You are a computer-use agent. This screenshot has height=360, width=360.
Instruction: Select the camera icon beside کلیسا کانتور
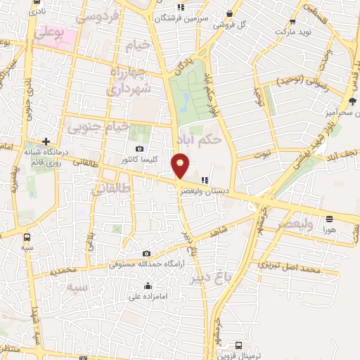pyautogui.click(x=140, y=149)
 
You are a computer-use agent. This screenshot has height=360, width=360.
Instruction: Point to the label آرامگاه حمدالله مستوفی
pyautogui.click(x=146, y=265)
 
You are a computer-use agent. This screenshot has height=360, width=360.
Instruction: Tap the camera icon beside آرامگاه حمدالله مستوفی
pyautogui.click(x=146, y=253)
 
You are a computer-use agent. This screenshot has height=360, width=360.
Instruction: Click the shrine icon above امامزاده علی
pyautogui.click(x=148, y=285)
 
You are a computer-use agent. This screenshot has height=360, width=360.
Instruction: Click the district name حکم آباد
pyautogui.click(x=200, y=140)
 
